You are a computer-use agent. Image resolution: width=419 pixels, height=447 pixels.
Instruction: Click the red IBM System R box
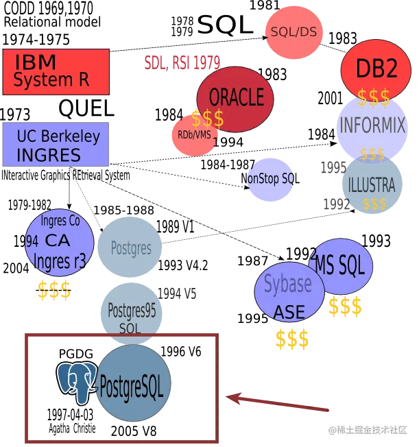(56, 71)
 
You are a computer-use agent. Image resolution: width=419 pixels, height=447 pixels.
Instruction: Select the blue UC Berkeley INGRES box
(56, 145)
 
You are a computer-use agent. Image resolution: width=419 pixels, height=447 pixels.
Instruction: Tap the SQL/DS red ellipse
(293, 32)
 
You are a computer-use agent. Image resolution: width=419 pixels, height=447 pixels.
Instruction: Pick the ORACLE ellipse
(235, 98)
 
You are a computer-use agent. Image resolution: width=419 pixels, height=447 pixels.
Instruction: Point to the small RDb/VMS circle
(194, 134)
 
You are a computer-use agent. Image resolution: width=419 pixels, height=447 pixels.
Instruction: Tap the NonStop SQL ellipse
(271, 178)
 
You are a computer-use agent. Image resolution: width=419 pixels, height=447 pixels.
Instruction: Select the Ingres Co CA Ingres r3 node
(60, 243)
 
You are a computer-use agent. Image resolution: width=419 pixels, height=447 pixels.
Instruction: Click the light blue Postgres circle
(130, 247)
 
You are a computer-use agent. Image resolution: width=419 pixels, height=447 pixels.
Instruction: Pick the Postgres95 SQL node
(131, 312)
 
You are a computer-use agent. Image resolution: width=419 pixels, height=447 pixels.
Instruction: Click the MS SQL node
(343, 267)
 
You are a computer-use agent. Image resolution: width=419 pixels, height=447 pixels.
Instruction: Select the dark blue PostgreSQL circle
(132, 383)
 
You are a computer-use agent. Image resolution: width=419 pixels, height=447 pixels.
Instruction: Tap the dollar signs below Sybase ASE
(291, 339)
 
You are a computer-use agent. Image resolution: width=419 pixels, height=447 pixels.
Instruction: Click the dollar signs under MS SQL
(345, 307)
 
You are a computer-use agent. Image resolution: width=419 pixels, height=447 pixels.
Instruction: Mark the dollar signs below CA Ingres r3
(54, 291)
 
